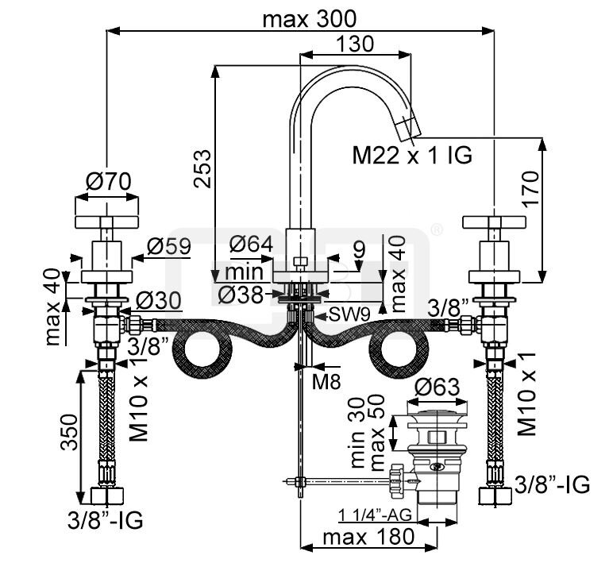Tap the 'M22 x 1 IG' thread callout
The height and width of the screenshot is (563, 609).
[412, 156]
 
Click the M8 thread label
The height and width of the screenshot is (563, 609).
[326, 382]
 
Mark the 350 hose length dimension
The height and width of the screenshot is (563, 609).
[70, 431]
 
